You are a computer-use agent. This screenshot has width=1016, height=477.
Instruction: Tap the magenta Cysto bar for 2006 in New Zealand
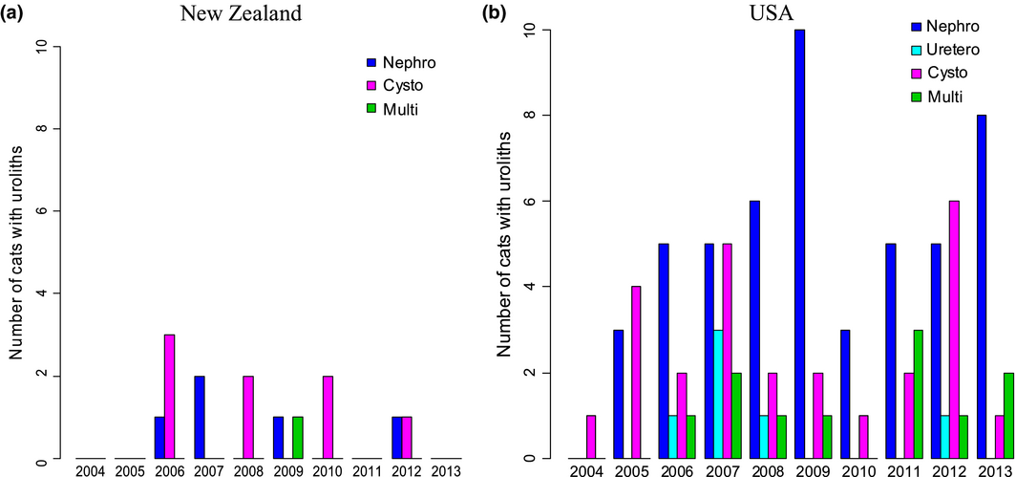pyautogui.click(x=170, y=397)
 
